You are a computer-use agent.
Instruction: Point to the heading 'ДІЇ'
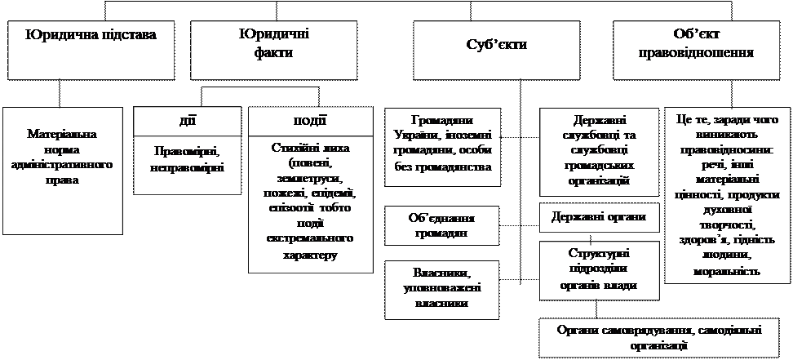click(187, 121)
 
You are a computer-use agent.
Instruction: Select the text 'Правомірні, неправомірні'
click(187, 159)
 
